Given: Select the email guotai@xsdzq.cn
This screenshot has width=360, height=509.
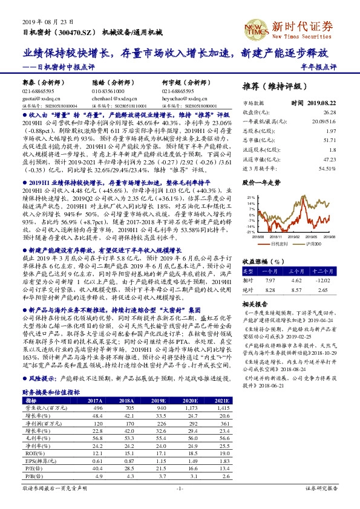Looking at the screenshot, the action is tap(37, 96).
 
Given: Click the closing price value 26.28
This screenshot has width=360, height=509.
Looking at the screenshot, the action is tap(329, 112).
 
